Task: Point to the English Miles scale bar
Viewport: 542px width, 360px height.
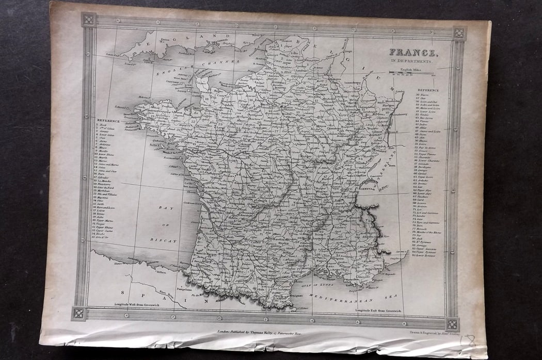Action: point(413,74)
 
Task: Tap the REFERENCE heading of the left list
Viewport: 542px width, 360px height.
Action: point(108,121)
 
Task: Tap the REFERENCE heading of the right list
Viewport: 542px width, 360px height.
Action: point(428,90)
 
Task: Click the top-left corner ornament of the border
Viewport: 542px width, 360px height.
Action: point(88,20)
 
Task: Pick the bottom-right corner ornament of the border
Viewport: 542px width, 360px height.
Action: point(451,324)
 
